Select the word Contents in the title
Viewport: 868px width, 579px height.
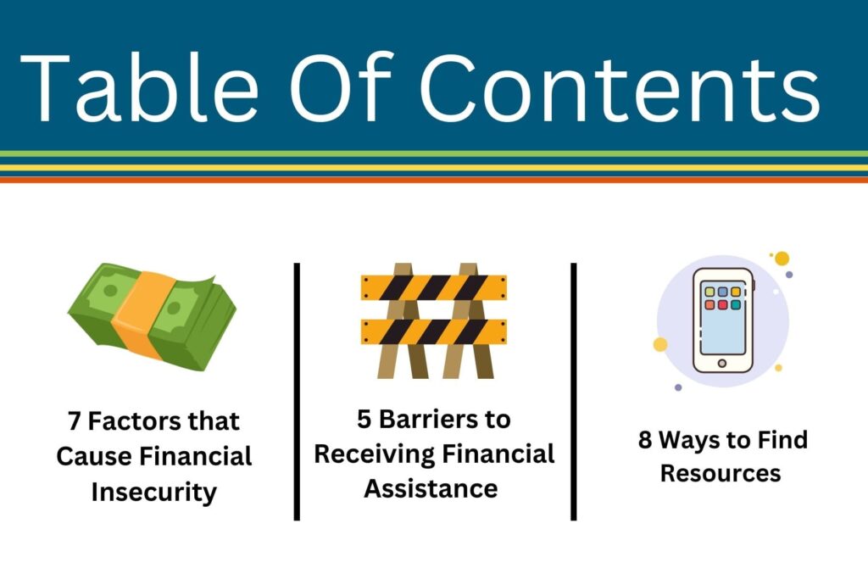tap(620, 87)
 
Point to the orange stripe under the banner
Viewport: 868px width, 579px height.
tap(434, 180)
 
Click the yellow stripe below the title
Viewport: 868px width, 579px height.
tap(434, 167)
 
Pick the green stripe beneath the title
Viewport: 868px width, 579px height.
tap(434, 153)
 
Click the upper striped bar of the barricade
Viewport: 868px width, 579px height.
tap(433, 288)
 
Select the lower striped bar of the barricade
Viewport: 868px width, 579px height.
tap(433, 331)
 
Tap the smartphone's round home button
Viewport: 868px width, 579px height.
tap(722, 363)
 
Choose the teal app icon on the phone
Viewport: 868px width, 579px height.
tap(735, 304)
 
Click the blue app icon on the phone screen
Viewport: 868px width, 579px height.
tap(722, 292)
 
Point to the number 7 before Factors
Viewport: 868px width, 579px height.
tap(75, 421)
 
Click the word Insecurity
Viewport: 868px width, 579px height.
tap(154, 492)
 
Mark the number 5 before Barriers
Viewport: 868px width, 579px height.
tap(364, 419)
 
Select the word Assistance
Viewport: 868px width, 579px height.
tap(431, 489)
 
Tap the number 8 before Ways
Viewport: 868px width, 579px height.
tap(645, 440)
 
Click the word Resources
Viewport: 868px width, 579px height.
tap(721, 474)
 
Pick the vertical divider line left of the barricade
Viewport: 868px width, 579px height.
tap(297, 392)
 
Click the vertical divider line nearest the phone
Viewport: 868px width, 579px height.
tap(574, 392)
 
